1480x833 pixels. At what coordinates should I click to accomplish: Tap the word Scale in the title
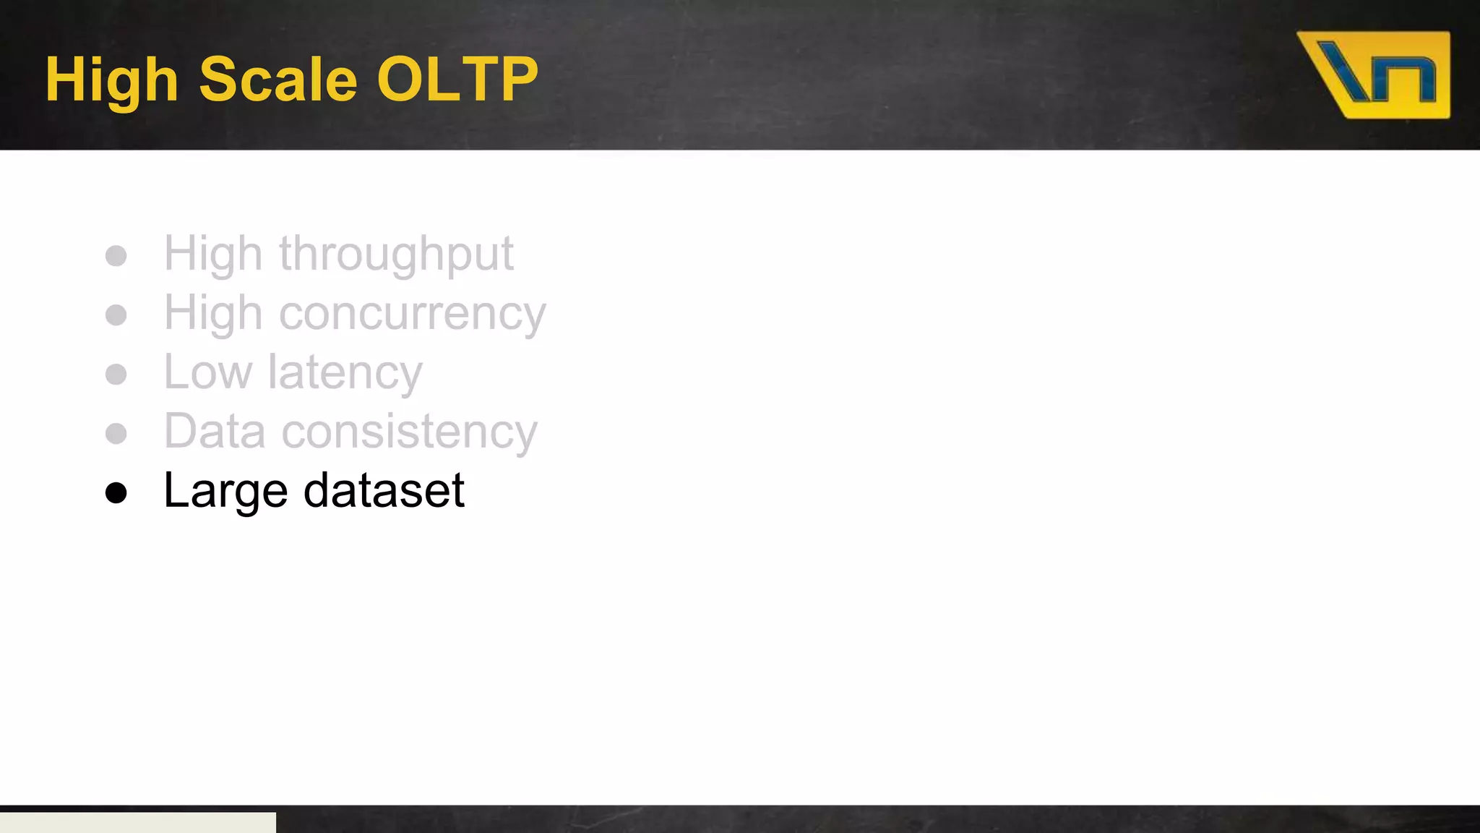pyautogui.click(x=277, y=79)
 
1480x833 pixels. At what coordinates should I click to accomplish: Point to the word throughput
pyautogui.click(x=396, y=255)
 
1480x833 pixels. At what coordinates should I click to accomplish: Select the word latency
pyautogui.click(x=345, y=374)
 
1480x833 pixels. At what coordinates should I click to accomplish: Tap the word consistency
pyautogui.click(x=409, y=432)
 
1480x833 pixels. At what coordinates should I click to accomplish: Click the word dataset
pyautogui.click(x=384, y=491)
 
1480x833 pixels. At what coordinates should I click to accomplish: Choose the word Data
pyautogui.click(x=215, y=432)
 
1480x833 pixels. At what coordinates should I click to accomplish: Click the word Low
pyautogui.click(x=208, y=373)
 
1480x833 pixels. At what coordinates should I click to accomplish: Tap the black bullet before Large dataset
pyautogui.click(x=116, y=493)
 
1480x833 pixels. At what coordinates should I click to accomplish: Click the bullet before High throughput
pyautogui.click(x=116, y=256)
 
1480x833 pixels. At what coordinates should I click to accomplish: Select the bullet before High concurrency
pyautogui.click(x=116, y=315)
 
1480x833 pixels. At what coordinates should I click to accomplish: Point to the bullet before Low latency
pyautogui.click(x=116, y=375)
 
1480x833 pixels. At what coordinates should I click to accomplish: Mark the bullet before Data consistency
pyautogui.click(x=116, y=434)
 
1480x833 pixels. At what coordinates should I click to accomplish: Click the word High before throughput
pyautogui.click(x=213, y=255)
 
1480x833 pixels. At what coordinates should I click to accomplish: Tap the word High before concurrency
pyautogui.click(x=213, y=315)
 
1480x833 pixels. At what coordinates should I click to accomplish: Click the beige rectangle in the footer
pyautogui.click(x=137, y=822)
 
